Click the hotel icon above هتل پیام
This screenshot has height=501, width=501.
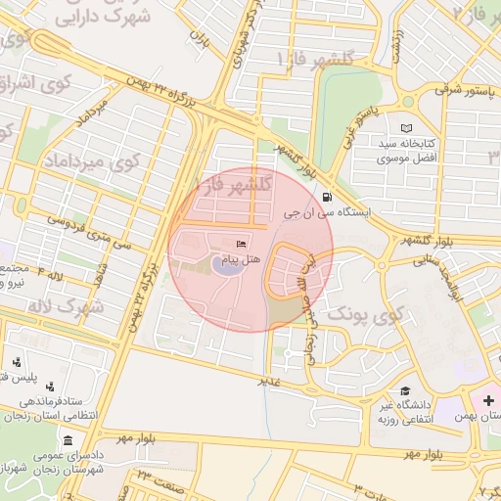pos(242,244)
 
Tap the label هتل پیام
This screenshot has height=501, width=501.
pos(241,258)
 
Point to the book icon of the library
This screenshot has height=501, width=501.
pos(406,129)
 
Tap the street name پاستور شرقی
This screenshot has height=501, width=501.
pos(460,90)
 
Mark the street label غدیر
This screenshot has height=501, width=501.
pos(268,380)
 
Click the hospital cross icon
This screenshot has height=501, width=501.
pos(489,401)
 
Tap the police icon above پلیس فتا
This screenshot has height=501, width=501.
pos(15,361)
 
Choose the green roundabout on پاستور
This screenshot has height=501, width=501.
pos(408,100)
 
